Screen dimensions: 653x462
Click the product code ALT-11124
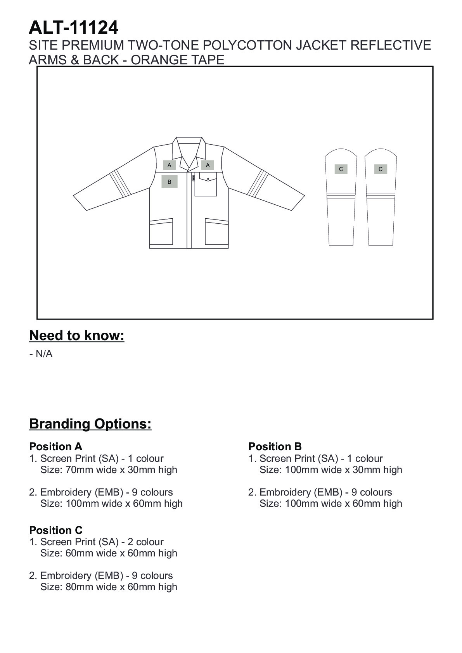[73, 28]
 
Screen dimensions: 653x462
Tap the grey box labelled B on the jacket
[169, 181]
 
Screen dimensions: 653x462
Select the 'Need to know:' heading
[77, 335]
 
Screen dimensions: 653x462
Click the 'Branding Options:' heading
[90, 423]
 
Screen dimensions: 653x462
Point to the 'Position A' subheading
[55, 446]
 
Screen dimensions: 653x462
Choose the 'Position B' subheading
[275, 446]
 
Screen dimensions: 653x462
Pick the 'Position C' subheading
[55, 530]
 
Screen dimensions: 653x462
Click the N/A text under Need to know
[43, 354]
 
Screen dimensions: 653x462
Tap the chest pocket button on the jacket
[208, 179]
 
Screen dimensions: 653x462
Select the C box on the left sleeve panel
[341, 169]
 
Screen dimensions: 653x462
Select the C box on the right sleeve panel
[380, 169]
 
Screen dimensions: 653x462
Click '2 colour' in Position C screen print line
[145, 542]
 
